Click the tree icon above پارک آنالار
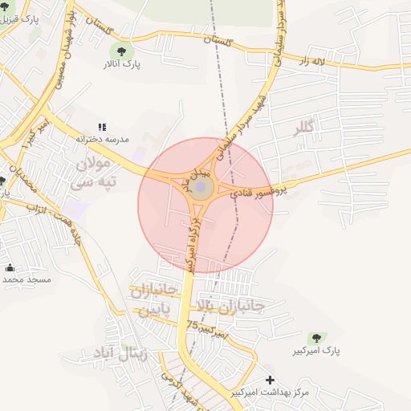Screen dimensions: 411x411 [x=125, y=51]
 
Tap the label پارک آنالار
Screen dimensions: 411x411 [x=126, y=64]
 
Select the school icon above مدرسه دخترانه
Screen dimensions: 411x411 [x=102, y=127]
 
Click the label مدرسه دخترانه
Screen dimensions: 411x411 [x=102, y=139]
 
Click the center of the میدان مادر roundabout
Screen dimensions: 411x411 [x=201, y=189]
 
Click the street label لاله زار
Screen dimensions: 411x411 [x=315, y=60]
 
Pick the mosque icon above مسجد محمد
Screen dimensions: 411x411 [x=10, y=267]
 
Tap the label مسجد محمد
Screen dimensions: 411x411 [x=26, y=279]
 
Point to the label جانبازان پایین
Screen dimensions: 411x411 [x=152, y=299]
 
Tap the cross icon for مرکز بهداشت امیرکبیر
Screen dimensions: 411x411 [x=270, y=380]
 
